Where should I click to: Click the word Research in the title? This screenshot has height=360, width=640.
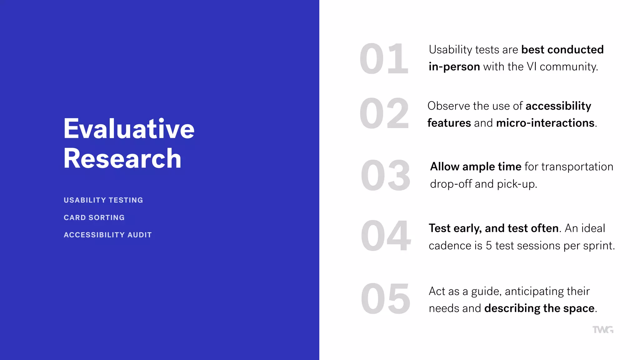(x=122, y=158)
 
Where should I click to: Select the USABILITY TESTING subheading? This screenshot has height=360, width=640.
(x=103, y=200)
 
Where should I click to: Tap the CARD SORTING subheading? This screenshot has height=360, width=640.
(x=94, y=217)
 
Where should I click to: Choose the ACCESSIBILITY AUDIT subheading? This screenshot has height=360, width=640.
(x=107, y=235)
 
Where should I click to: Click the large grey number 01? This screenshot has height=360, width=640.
(x=384, y=59)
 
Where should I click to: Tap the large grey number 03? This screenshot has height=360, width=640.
(x=385, y=175)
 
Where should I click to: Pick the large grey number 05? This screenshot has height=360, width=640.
(x=385, y=299)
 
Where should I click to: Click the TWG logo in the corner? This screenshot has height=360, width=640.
(x=603, y=330)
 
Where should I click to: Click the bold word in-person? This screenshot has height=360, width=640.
(x=454, y=67)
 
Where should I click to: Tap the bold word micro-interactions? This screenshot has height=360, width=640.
(x=545, y=123)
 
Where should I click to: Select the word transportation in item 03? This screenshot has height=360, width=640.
(x=577, y=167)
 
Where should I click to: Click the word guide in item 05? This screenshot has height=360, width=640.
(x=486, y=292)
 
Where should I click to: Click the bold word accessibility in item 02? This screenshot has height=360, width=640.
(x=558, y=106)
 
